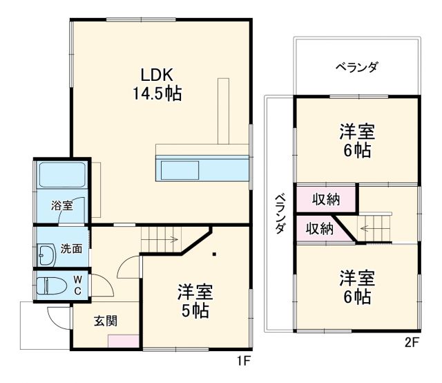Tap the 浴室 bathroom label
click(61, 205)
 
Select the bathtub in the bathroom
click(61, 175)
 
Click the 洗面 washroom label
click(70, 249)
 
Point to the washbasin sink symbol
click(46, 255)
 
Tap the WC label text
click(78, 286)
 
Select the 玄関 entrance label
click(106, 320)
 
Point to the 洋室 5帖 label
click(194, 301)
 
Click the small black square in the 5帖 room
click(214, 254)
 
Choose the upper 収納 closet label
click(326, 200)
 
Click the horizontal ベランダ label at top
click(356, 67)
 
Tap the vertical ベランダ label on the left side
click(280, 215)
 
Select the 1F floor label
click(242, 360)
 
